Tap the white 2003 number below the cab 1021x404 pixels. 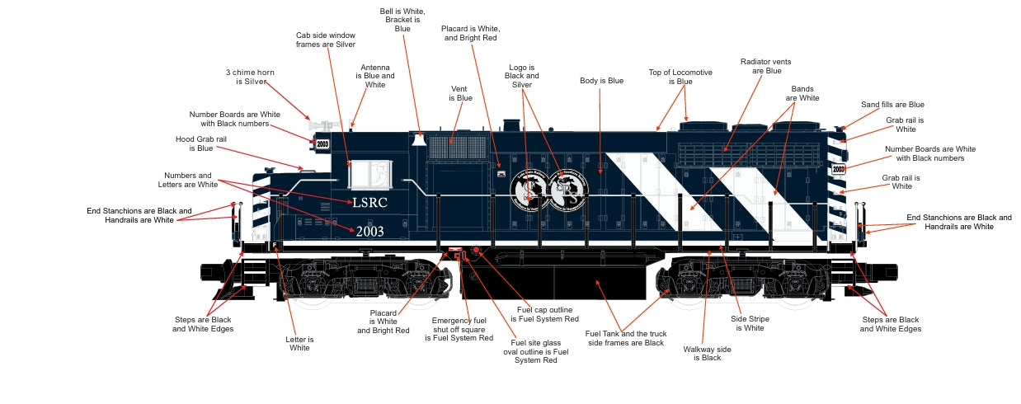pos(370,232)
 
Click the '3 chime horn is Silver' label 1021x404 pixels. pos(250,78)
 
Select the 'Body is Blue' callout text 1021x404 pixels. pos(601,81)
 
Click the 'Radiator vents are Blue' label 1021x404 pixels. pos(761,66)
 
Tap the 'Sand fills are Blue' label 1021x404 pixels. pos(892,105)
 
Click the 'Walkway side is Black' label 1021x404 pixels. pos(707,354)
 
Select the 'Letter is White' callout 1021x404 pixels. pos(299,344)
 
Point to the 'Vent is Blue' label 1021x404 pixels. pos(460,93)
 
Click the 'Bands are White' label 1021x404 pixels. pos(802,92)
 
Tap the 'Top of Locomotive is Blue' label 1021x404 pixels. pos(680,77)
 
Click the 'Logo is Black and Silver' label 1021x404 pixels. pos(521,76)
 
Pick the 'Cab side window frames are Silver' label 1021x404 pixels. pos(326,40)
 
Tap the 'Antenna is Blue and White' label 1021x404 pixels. pos(375,76)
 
